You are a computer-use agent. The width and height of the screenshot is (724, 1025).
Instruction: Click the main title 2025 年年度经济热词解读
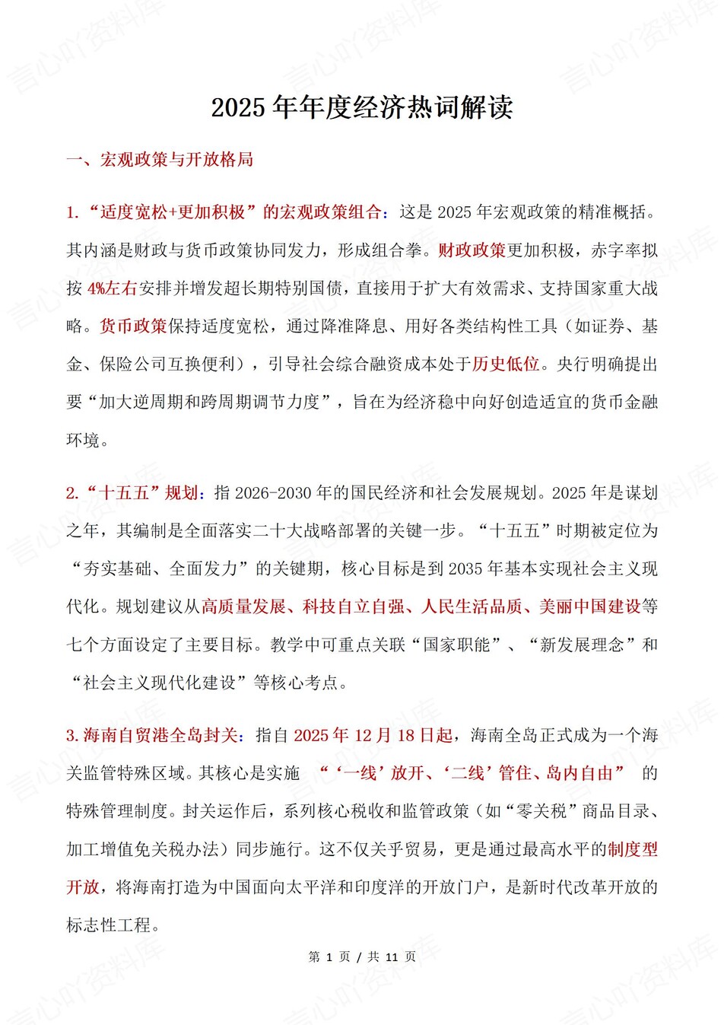pyautogui.click(x=362, y=107)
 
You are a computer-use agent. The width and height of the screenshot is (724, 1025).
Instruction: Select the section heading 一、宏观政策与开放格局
pyautogui.click(x=160, y=160)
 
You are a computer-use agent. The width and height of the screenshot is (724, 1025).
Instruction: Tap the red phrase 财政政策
pyautogui.click(x=472, y=250)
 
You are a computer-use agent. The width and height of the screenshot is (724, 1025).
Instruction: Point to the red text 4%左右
pyautogui.click(x=112, y=288)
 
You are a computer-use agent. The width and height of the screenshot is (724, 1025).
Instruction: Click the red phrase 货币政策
pyautogui.click(x=133, y=326)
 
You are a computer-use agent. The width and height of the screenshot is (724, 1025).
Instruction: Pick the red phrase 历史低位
pyautogui.click(x=506, y=364)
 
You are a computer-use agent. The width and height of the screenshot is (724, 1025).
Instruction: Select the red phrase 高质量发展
pyautogui.click(x=243, y=607)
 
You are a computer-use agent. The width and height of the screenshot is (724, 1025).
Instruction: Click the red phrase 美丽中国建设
pyautogui.click(x=590, y=607)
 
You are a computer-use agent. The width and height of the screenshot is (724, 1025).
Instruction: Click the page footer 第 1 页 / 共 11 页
pyautogui.click(x=362, y=957)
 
